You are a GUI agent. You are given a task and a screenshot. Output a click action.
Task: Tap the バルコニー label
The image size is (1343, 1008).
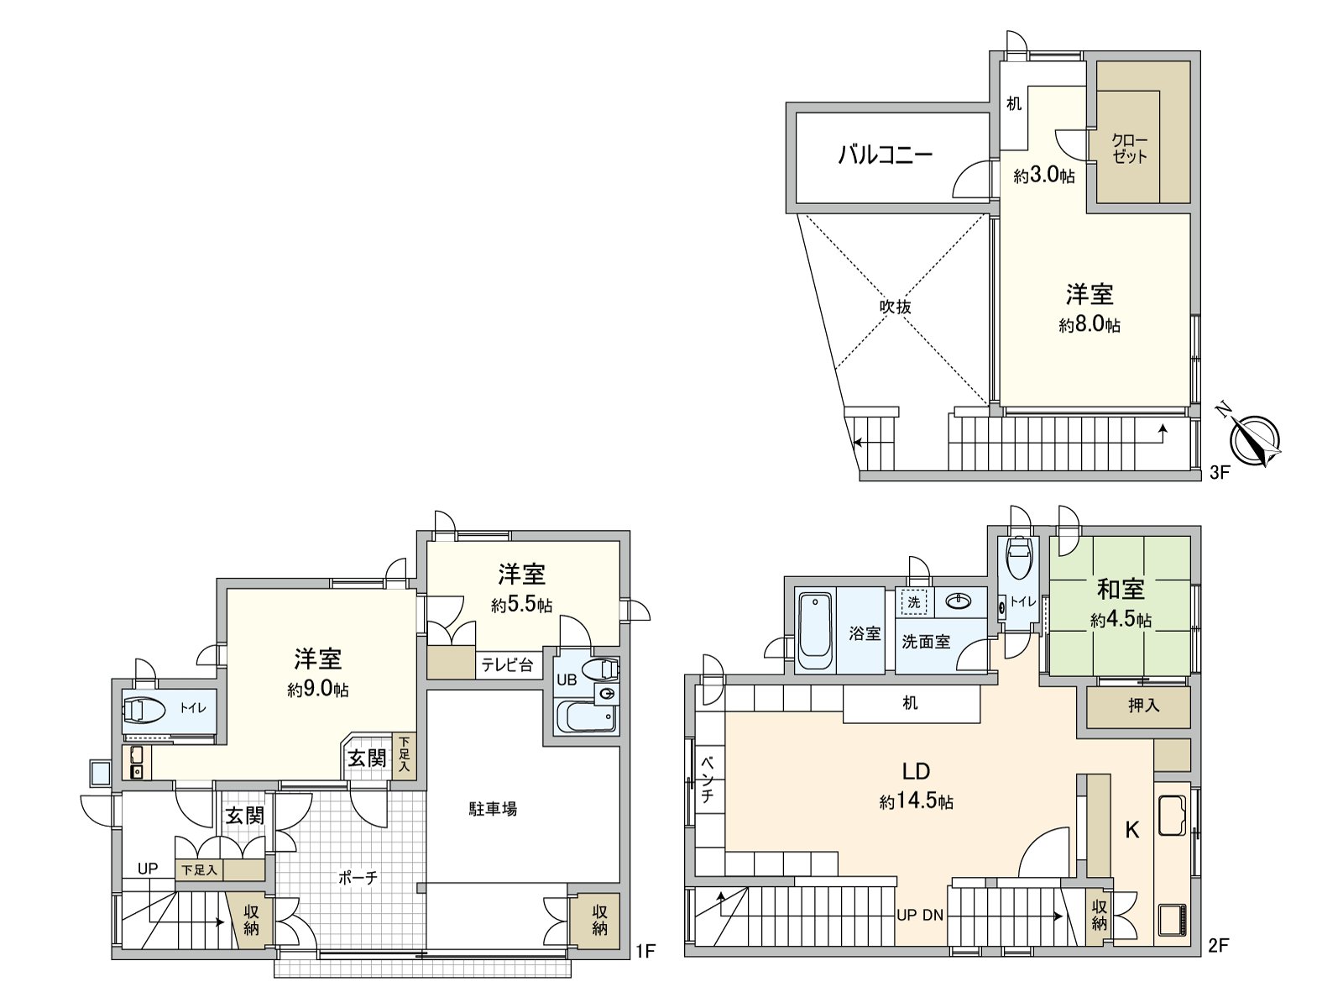(886, 155)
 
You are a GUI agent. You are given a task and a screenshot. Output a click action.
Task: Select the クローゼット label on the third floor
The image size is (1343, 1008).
(1129, 149)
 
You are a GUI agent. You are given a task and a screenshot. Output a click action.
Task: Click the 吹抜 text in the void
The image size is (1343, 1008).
(895, 307)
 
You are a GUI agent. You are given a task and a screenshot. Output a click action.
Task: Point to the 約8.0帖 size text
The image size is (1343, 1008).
(1089, 325)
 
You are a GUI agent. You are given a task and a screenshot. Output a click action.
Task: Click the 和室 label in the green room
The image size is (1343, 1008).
(1121, 590)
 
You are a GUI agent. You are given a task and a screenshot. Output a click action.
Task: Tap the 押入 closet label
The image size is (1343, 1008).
(1143, 706)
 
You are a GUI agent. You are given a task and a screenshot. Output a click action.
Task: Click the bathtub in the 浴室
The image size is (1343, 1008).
(814, 630)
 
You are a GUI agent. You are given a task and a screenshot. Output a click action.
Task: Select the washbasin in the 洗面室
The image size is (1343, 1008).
(958, 601)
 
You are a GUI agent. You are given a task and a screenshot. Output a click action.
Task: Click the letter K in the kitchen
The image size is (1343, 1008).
(1132, 830)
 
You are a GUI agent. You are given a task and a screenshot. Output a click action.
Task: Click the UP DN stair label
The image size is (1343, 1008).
(920, 915)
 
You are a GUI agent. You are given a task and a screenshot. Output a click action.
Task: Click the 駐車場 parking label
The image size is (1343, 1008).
(493, 809)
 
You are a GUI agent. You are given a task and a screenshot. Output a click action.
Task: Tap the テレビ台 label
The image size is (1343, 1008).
(507, 665)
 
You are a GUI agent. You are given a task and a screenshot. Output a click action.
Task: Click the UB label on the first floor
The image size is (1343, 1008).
(567, 680)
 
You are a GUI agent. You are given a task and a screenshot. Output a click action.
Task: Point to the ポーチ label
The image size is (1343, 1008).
(358, 878)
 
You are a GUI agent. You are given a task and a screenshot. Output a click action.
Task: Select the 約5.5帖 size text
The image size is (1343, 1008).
(521, 605)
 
